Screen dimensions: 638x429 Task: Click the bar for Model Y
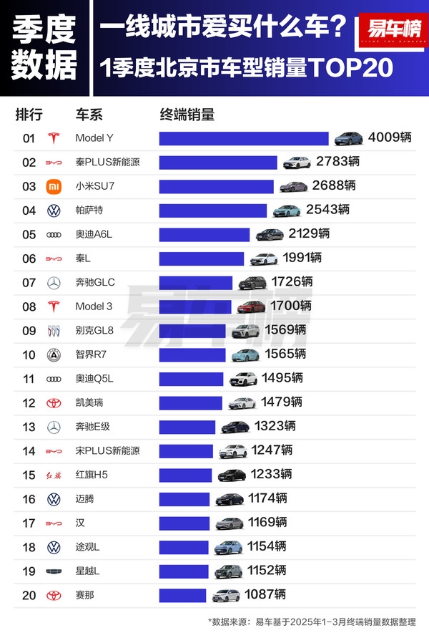point(243,138)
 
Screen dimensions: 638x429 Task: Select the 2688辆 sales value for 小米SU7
point(333,186)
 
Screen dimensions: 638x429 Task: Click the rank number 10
point(29,354)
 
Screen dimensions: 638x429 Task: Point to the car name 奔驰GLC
point(94,282)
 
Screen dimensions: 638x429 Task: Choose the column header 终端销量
point(187,115)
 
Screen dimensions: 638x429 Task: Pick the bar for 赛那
point(182,595)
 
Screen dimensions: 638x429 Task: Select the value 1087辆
point(265,594)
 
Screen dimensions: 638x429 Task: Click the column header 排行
point(29,115)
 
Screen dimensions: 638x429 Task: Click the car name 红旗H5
point(92,475)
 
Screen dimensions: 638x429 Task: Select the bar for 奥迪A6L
point(204,234)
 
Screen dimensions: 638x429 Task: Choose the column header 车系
point(89,115)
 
